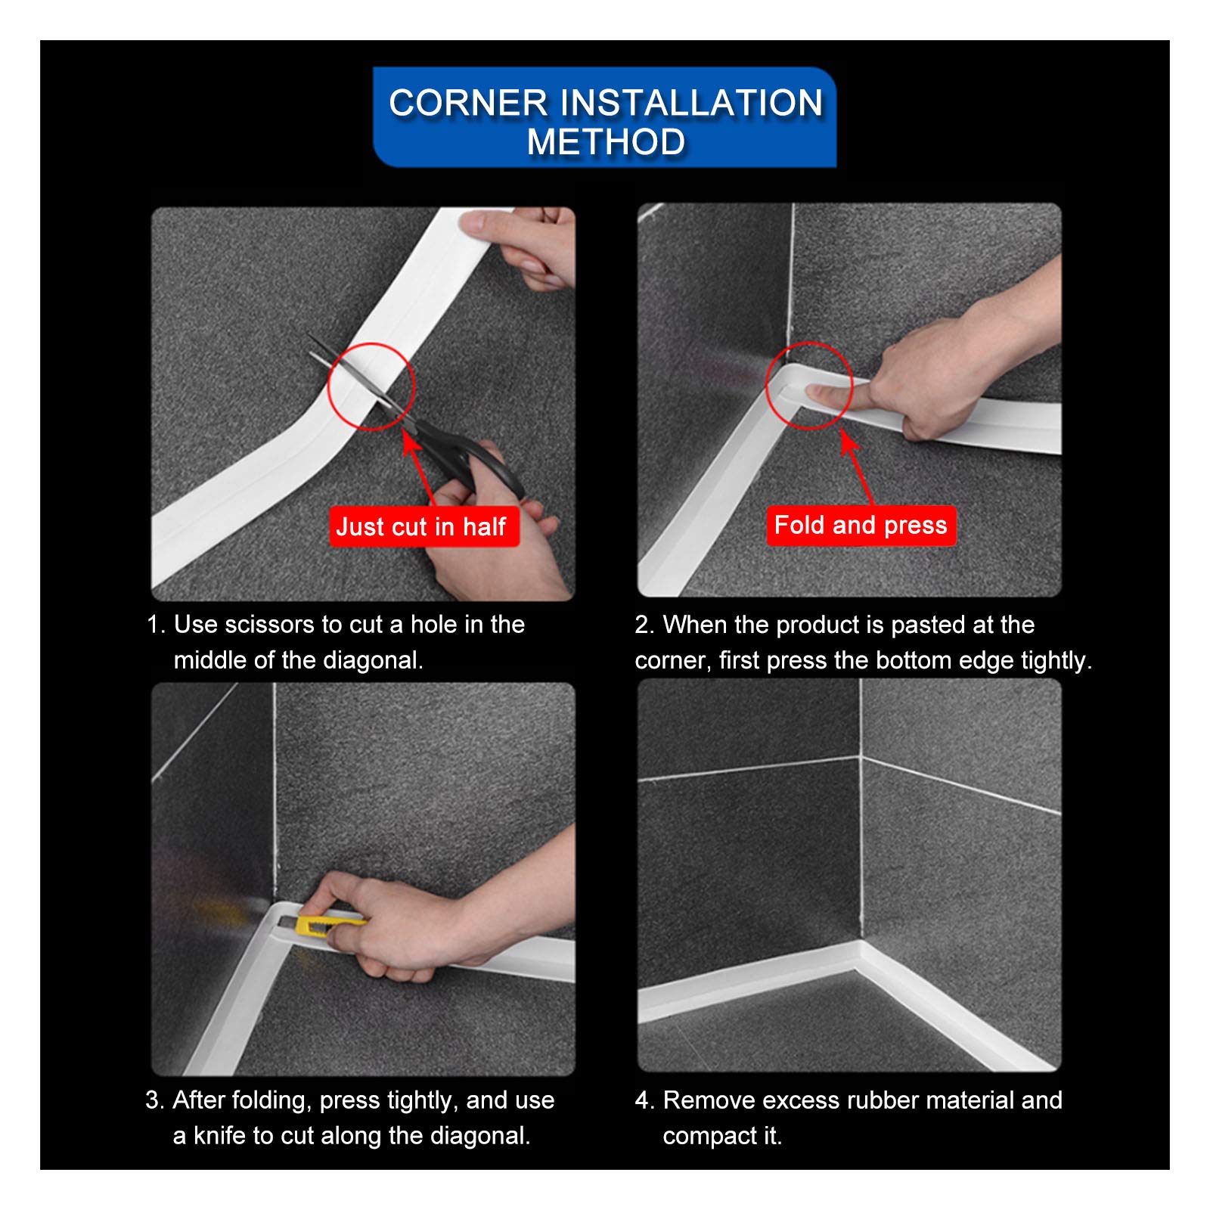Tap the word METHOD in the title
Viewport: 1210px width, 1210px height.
[606, 141]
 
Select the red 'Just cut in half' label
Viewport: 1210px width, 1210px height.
[423, 526]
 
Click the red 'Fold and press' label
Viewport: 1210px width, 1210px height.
[861, 525]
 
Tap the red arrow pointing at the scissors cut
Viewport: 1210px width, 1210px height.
[420, 468]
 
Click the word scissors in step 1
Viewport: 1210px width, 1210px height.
[270, 625]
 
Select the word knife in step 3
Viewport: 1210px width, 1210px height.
[219, 1135]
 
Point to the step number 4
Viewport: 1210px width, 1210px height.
[644, 1100]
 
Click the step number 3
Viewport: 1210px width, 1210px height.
[154, 1100]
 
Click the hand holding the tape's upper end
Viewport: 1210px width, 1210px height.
[522, 246]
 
